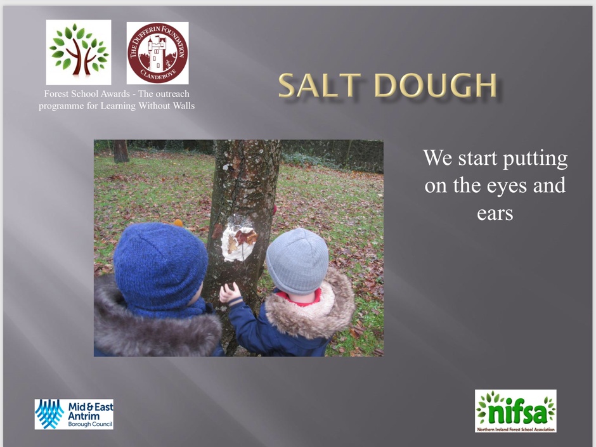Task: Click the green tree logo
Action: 79,52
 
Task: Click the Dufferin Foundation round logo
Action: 157,53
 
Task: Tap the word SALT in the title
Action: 320,85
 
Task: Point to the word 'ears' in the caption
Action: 495,214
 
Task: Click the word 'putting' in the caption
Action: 535,159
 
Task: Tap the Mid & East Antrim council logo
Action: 74,414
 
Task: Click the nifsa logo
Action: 515,410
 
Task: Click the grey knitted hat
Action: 297,261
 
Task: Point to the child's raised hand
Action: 229,293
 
